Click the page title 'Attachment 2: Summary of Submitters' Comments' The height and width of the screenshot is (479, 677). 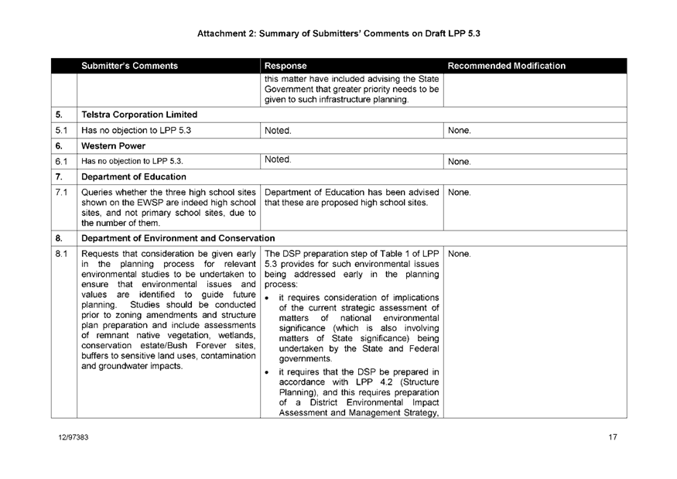pos(339,33)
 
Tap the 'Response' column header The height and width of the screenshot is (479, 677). pos(286,66)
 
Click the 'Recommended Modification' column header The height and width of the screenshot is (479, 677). pos(508,66)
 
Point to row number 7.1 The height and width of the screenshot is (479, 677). pos(61,191)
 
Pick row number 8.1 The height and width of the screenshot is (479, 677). pos(61,252)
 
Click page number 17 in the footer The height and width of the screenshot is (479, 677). pos(612,438)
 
